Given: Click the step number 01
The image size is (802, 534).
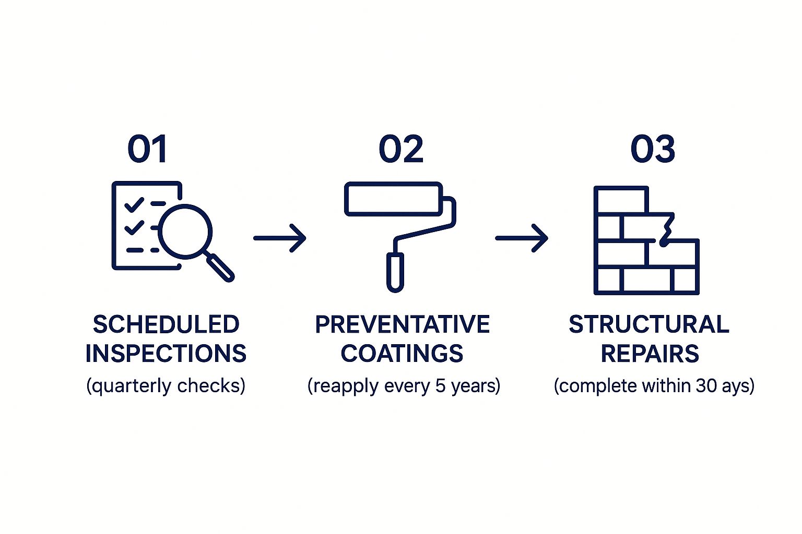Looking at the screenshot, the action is coord(147,149).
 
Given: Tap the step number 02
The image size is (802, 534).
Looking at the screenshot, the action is coord(401,149).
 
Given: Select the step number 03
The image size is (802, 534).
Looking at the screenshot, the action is coord(653,149).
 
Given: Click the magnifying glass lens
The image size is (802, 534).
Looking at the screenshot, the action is coord(185,232).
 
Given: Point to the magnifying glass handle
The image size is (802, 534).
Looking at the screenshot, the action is coord(220,268).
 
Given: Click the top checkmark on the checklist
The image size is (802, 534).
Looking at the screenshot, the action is coord(134,205).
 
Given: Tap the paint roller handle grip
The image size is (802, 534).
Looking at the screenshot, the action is coord(395,272).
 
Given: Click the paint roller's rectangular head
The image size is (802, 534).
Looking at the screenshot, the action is coord(394,199).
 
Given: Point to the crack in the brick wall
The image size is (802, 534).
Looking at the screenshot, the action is coord(666,229).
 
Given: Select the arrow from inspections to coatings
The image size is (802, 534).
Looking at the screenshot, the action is coord(280,238).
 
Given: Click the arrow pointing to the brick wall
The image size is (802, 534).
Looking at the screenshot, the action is coord(522,238).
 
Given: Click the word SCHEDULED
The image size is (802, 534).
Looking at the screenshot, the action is coord(166,324).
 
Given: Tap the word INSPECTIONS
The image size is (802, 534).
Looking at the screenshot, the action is coord(166,354).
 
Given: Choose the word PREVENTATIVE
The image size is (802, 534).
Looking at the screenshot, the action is coord(403,324).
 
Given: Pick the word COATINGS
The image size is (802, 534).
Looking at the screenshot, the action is coord(402,354).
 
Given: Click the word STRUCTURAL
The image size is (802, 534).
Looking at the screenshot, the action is coord(649,324).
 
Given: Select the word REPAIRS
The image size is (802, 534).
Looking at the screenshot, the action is coord(650,354).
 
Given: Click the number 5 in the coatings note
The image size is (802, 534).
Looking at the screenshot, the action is coord(440,385).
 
